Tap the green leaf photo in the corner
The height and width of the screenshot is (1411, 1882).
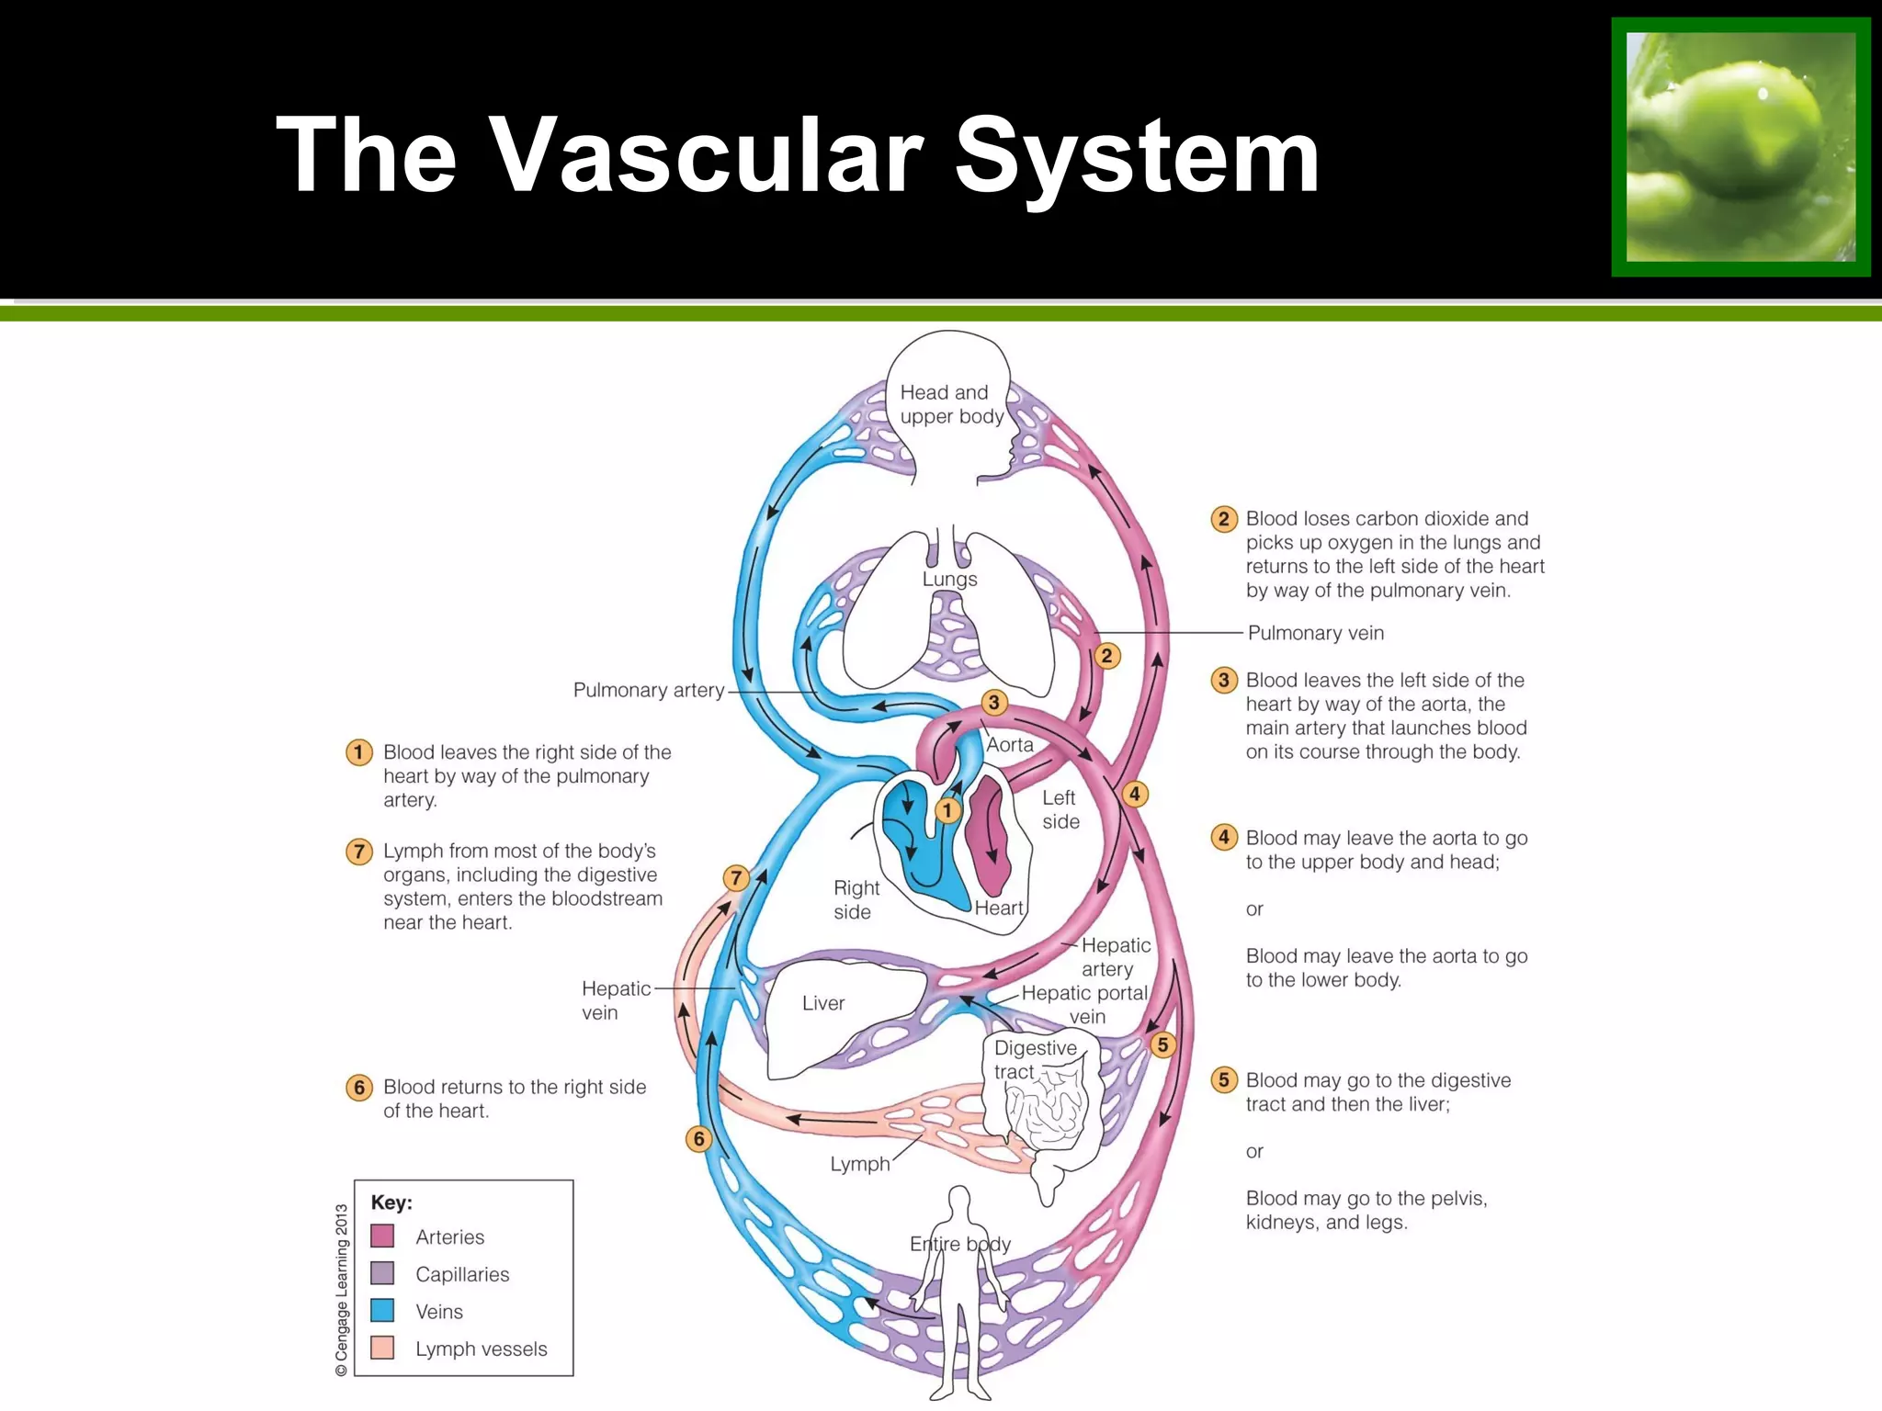pyautogui.click(x=1740, y=147)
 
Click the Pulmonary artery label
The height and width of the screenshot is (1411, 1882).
pyautogui.click(x=649, y=690)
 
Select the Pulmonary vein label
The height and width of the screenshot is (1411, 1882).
pyautogui.click(x=1315, y=633)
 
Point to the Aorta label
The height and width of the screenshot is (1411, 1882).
pyautogui.click(x=1009, y=745)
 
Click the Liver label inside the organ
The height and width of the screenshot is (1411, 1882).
pyautogui.click(x=822, y=1003)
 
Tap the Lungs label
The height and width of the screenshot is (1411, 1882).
pyautogui.click(x=949, y=580)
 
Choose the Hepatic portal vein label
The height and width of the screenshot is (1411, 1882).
pyautogui.click(x=1084, y=1004)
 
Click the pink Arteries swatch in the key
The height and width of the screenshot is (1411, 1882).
pyautogui.click(x=382, y=1236)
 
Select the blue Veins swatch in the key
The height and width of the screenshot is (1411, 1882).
pyautogui.click(x=382, y=1310)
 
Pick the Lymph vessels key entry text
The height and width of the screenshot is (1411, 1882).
pyautogui.click(x=481, y=1349)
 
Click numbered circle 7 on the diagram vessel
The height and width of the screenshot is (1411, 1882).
pyautogui.click(x=735, y=877)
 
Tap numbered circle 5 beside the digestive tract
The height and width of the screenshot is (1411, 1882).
pyautogui.click(x=1162, y=1044)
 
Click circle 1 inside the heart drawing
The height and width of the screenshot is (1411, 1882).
pyautogui.click(x=947, y=810)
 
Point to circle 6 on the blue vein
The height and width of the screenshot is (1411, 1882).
pyautogui.click(x=698, y=1139)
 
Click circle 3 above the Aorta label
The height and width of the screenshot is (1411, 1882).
pyautogui.click(x=993, y=703)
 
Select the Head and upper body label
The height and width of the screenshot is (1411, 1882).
pyautogui.click(x=950, y=404)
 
